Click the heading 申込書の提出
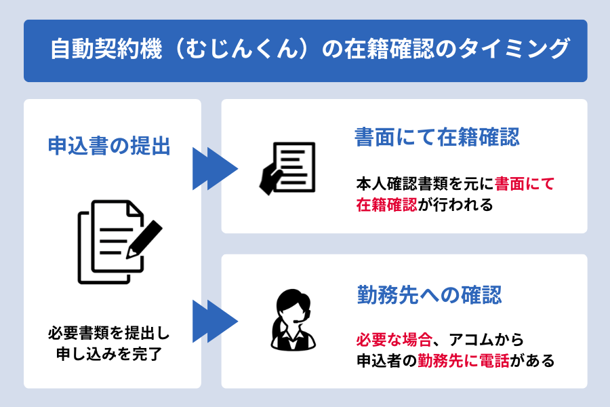(x=109, y=145)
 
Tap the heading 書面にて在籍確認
(x=437, y=138)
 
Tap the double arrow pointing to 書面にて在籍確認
(x=215, y=168)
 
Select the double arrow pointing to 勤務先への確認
(x=215, y=321)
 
